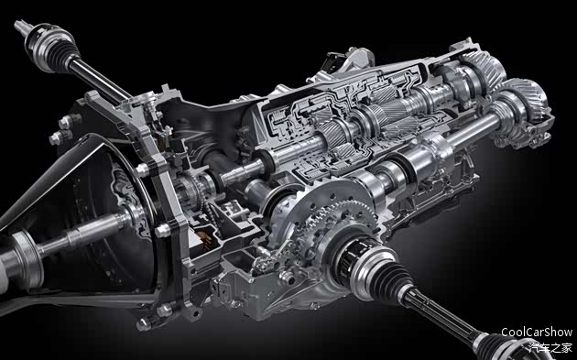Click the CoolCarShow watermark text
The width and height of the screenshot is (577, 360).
[x=537, y=332]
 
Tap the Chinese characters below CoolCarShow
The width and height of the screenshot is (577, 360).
[x=550, y=347]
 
